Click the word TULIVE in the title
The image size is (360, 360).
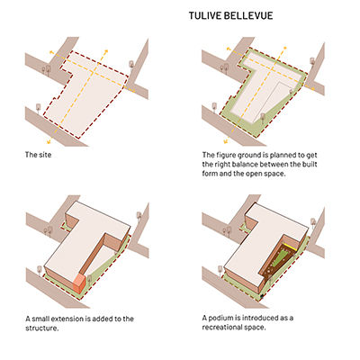pos(203,15)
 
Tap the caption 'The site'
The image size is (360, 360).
pos(38,155)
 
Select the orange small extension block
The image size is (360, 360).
pos(80,283)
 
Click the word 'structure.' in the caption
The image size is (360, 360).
pos(42,328)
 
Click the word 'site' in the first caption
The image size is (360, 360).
pos(45,155)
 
